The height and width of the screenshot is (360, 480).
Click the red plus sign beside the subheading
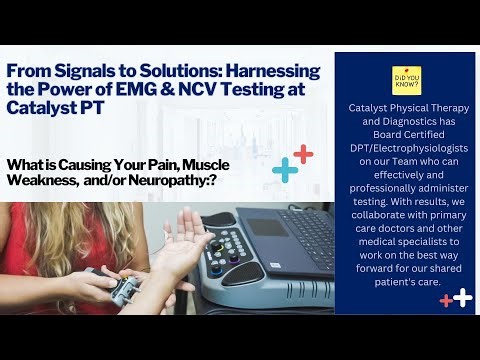pyautogui.click(x=302, y=154)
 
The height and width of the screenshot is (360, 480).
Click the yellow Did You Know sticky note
pyautogui.click(x=407, y=80)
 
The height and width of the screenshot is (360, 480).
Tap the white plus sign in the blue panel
pyautogui.click(x=461, y=297)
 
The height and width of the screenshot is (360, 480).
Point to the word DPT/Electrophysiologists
pyautogui.click(x=405, y=157)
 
